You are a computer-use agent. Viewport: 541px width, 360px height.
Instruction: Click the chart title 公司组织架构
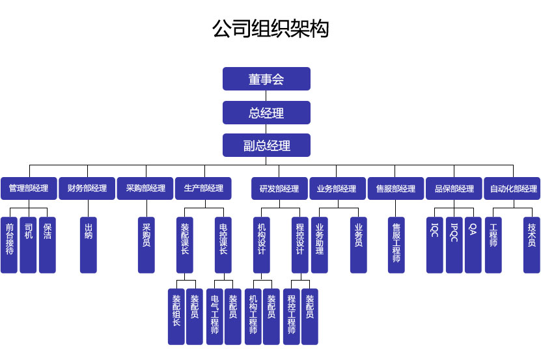click(270, 29)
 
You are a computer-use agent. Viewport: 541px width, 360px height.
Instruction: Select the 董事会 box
click(266, 79)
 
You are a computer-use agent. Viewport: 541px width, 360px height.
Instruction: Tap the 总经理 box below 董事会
click(266, 113)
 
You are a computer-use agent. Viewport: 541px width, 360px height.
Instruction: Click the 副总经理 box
click(266, 145)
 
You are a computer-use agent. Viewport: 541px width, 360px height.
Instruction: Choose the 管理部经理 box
click(28, 189)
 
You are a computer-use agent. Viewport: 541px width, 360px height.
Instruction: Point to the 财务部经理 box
click(87, 189)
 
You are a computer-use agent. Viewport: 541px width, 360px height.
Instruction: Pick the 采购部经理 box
click(145, 189)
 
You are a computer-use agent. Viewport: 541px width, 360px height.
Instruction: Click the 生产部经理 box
click(204, 189)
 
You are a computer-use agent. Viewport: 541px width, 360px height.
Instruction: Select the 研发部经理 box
click(279, 189)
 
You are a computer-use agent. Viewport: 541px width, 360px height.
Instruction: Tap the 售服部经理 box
click(395, 189)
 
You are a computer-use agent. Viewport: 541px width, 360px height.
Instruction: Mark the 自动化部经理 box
click(513, 189)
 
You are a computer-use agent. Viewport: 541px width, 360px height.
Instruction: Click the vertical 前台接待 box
click(9, 245)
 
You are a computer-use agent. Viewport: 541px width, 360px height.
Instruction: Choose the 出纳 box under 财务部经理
click(89, 245)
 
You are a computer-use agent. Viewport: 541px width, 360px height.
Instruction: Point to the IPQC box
click(454, 245)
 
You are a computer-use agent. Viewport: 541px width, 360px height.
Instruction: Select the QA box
click(473, 245)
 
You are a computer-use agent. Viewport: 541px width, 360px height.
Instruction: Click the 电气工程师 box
click(215, 316)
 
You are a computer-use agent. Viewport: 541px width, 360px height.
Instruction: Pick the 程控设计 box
click(299, 245)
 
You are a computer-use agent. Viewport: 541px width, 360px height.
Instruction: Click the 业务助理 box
click(320, 245)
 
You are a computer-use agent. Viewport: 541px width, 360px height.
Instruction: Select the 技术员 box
click(532, 245)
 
